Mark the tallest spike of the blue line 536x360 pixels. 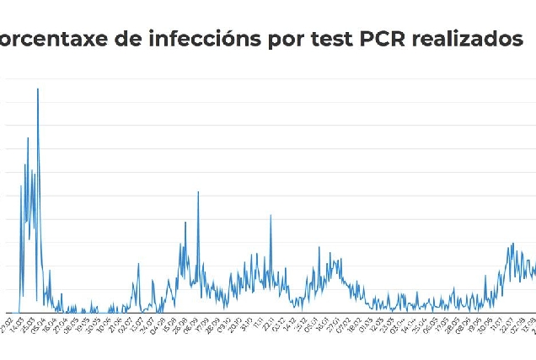pyautogui.click(x=38, y=89)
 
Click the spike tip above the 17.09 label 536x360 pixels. pyautogui.click(x=198, y=192)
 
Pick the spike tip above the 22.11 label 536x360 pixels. pyautogui.click(x=271, y=215)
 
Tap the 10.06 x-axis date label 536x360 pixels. pyautogui.click(x=103, y=325)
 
